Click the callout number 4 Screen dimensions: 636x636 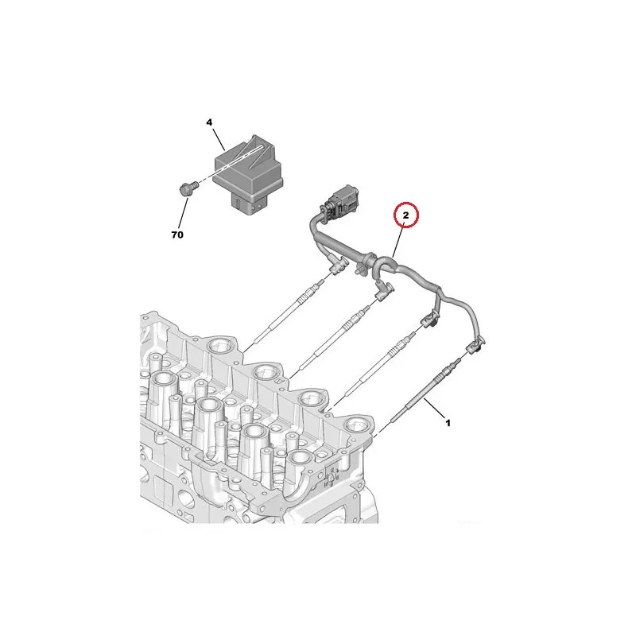point(209,122)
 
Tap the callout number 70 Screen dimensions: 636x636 point(177,235)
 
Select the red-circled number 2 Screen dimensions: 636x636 point(405,215)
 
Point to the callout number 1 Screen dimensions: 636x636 point(448,423)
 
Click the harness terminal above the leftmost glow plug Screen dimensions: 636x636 point(338,266)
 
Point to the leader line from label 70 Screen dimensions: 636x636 point(183,213)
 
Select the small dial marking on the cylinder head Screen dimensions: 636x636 point(332,477)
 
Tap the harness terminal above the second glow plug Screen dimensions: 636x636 point(384,292)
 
